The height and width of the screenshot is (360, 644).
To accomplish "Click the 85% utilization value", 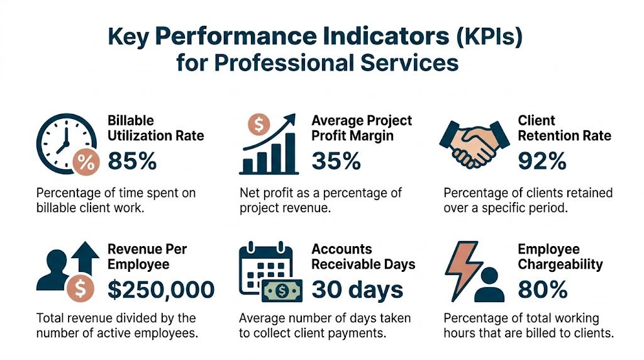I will (x=132, y=161).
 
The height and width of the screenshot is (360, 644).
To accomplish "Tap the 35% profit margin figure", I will (x=336, y=161).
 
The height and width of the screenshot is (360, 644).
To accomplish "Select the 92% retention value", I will (x=542, y=161).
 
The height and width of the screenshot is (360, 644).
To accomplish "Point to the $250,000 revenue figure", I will (x=161, y=290).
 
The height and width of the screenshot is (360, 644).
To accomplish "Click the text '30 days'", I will (x=357, y=290).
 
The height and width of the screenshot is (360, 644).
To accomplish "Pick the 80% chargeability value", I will (x=542, y=290).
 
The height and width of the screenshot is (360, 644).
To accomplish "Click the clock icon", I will (x=60, y=142).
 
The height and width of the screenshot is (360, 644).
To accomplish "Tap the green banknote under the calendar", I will (x=281, y=290).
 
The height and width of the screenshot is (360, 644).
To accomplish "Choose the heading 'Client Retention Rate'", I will (x=564, y=128).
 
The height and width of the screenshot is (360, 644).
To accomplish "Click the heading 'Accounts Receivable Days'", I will (x=363, y=256).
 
